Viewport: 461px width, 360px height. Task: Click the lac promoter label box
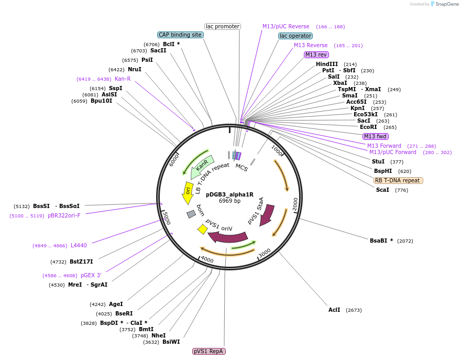(223, 26)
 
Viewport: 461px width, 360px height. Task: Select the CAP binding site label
(180, 35)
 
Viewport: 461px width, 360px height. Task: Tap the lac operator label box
(295, 36)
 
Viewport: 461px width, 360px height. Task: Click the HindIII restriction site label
(327, 64)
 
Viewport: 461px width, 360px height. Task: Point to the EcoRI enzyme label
(368, 127)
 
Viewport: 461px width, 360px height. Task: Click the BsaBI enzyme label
(381, 241)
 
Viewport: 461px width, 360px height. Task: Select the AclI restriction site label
(334, 310)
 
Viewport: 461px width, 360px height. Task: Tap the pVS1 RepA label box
(209, 351)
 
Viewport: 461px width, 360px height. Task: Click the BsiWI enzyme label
(171, 342)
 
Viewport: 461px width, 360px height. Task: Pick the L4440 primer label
(79, 245)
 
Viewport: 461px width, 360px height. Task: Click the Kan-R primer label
(123, 79)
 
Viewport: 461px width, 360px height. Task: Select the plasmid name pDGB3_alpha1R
(229, 194)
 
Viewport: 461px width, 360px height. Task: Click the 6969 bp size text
(229, 201)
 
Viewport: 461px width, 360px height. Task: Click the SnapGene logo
(443, 4)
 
